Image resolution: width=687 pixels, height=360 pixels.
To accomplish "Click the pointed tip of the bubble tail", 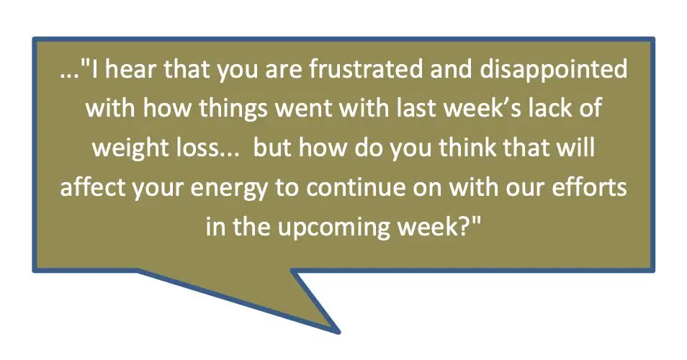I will click(338, 332).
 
